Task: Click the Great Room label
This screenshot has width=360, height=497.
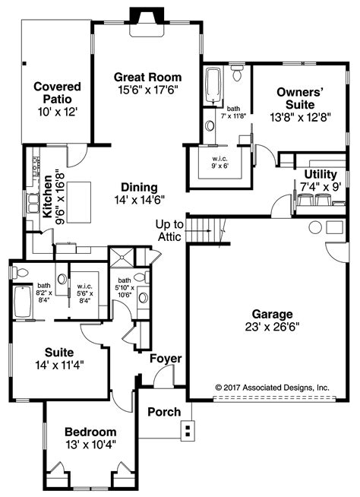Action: click(x=147, y=77)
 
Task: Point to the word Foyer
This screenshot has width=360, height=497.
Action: click(x=165, y=358)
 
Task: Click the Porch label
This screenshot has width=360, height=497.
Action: click(x=165, y=412)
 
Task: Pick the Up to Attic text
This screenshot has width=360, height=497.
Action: click(x=169, y=230)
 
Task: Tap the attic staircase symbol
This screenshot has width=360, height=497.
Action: click(x=204, y=229)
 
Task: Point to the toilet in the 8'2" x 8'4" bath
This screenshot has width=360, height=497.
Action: click(x=22, y=273)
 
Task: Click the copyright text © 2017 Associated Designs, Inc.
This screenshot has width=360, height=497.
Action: click(x=272, y=387)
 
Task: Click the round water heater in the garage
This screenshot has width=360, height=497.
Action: click(x=314, y=226)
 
